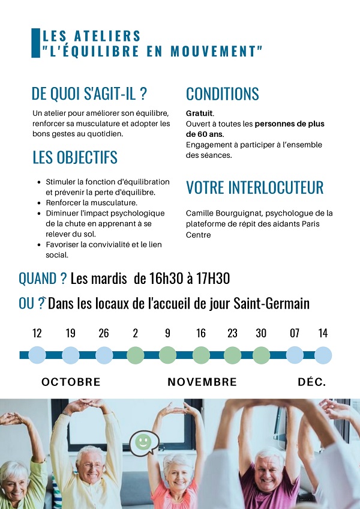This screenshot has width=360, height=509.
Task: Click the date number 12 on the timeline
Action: point(37,333)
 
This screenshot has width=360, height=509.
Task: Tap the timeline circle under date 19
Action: point(71,355)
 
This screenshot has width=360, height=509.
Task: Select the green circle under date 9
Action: point(167,355)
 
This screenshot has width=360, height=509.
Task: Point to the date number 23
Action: point(232,333)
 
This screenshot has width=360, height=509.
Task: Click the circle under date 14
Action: point(323,355)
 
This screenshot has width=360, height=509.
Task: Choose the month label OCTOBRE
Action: point(71,382)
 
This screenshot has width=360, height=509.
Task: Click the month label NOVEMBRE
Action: point(202,382)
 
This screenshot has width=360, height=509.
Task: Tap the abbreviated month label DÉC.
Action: point(312,382)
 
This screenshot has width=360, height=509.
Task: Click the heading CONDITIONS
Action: point(223,94)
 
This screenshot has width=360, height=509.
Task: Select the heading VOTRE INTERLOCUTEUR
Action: point(254,188)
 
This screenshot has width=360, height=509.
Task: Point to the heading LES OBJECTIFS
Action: point(75,158)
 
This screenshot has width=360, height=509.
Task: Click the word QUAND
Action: point(38,279)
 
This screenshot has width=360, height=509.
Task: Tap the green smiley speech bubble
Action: point(143,442)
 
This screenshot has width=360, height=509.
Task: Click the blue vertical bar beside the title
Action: point(35,43)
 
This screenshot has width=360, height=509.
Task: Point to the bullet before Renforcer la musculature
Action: point(40,203)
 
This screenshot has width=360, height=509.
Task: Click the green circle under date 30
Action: point(261,355)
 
